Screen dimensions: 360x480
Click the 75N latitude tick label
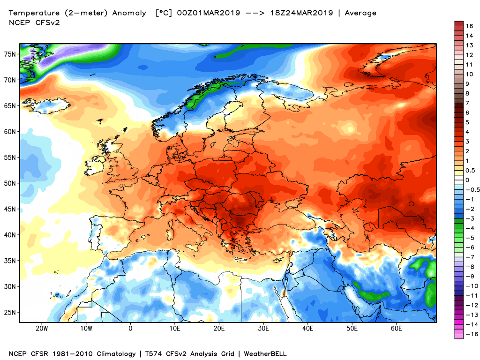click(10, 54)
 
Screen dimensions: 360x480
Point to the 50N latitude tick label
click(10, 183)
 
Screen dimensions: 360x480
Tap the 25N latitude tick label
click(10, 312)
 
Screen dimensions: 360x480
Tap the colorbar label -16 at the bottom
click(469, 334)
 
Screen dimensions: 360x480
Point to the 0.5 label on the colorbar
click(470, 170)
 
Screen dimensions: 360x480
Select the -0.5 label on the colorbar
click(470, 189)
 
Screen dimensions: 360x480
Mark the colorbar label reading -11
click(469, 295)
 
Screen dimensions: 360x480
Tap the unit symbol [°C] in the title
click(164, 13)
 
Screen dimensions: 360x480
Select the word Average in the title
click(360, 13)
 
